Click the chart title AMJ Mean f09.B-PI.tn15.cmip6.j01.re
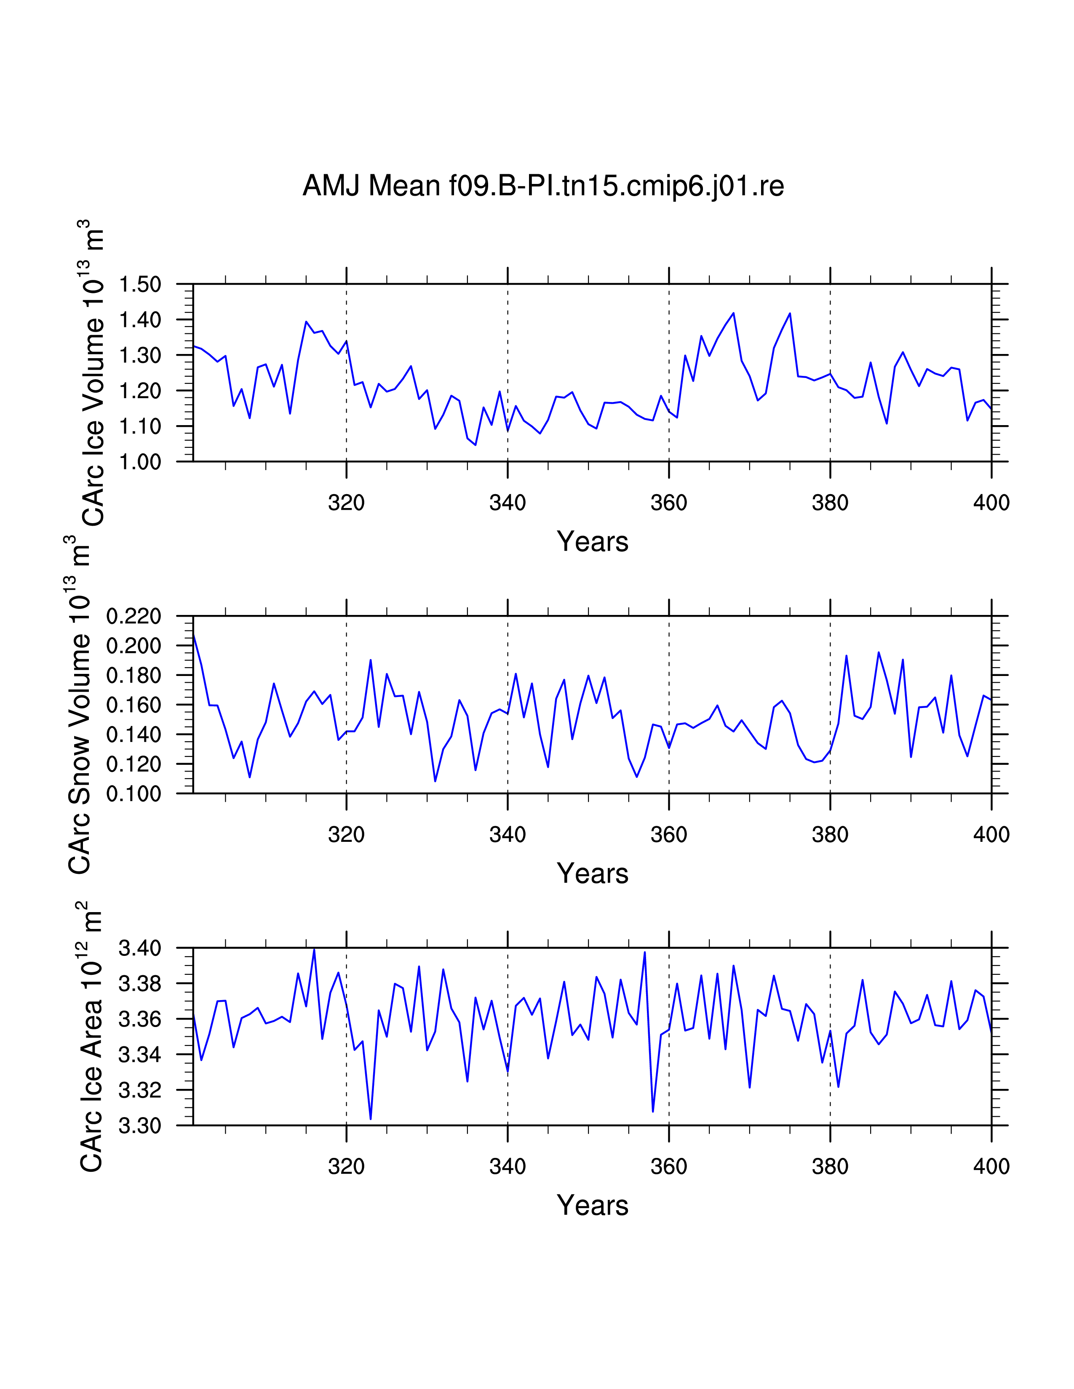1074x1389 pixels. click(x=543, y=186)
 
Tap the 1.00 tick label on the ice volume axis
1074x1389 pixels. click(x=140, y=462)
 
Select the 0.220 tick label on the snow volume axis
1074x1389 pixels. click(x=134, y=616)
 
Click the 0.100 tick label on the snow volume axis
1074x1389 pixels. click(x=134, y=794)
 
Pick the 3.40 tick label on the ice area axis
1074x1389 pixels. click(x=140, y=948)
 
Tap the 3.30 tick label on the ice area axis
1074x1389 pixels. click(x=140, y=1126)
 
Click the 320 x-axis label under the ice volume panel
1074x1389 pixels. click(x=346, y=503)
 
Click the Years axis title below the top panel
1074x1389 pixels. click(x=592, y=542)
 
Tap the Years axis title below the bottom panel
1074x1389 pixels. click(x=592, y=1205)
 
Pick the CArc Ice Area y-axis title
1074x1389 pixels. click(x=91, y=1037)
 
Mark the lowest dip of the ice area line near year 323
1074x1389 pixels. click(x=370, y=1119)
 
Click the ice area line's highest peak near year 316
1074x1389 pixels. click(x=314, y=950)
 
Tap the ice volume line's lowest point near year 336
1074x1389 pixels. click(x=475, y=444)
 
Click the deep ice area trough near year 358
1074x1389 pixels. click(x=653, y=1111)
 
